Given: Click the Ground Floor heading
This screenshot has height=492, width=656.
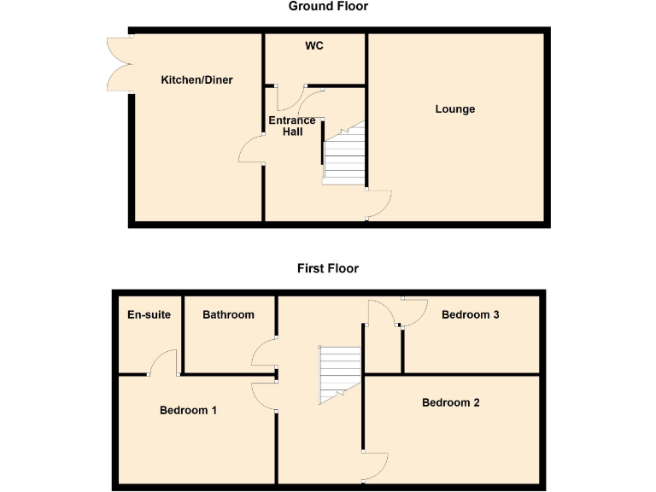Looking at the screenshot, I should click(328, 7).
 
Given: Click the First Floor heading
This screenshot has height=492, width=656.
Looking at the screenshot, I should click(328, 268).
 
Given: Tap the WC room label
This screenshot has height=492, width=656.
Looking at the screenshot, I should click(314, 45).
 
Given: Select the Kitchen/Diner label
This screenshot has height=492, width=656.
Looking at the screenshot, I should click(196, 80).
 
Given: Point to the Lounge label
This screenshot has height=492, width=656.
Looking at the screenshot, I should click(454, 109).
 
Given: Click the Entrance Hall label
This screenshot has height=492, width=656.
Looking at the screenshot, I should click(292, 126).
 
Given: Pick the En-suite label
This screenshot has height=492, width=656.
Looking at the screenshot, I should click(149, 314).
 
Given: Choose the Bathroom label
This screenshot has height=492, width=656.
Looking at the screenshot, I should click(228, 314).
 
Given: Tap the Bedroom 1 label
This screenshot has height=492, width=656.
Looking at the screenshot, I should click(188, 410).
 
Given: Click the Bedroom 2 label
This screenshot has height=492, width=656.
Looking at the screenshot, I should click(451, 402).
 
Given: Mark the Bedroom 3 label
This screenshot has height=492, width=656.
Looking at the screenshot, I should click(470, 314).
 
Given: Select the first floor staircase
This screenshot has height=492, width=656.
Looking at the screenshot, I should click(340, 374).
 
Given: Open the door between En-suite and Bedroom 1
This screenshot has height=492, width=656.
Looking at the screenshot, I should click(163, 362).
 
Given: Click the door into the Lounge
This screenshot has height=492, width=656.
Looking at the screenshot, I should click(379, 205).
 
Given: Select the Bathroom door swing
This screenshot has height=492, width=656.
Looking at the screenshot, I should click(263, 354).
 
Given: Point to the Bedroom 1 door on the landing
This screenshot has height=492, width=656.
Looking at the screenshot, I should click(263, 395).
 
